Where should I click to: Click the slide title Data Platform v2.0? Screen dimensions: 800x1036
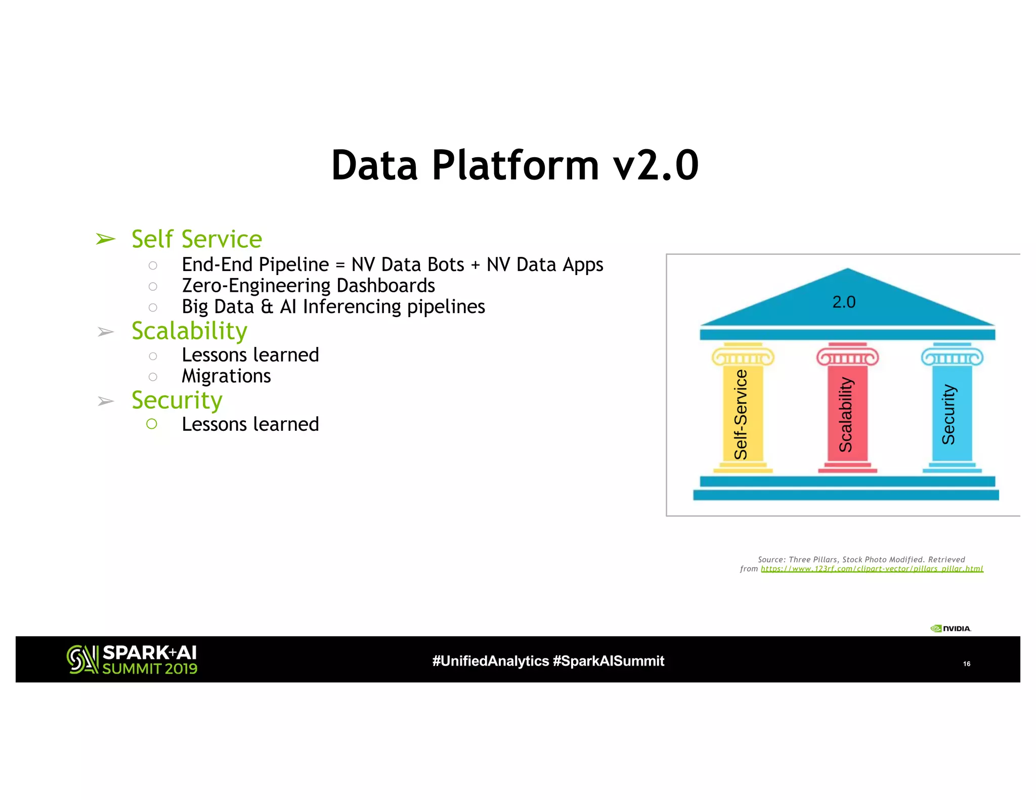click(514, 165)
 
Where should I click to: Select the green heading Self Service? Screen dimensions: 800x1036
click(196, 239)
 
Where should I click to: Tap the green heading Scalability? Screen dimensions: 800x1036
click(189, 331)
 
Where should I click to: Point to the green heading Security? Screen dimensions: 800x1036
click(177, 401)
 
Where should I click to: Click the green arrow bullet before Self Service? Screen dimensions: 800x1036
click(106, 239)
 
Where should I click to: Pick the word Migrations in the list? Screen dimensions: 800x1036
click(226, 376)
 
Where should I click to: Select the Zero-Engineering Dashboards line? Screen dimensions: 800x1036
click(308, 286)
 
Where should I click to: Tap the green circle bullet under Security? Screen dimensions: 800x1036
click(152, 424)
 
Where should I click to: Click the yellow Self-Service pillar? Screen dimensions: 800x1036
click(742, 412)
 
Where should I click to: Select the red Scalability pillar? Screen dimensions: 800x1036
click(847, 412)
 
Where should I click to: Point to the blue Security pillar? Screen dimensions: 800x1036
click(951, 412)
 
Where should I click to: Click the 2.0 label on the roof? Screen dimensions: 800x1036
click(844, 302)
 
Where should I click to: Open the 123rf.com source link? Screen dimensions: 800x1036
click(872, 569)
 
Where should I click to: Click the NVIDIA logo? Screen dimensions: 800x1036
click(951, 629)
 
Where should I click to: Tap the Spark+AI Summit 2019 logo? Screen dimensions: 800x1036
click(132, 659)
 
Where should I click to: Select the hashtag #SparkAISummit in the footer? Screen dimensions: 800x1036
click(609, 661)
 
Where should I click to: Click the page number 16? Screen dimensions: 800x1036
click(966, 664)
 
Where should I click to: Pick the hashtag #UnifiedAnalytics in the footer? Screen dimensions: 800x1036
click(490, 661)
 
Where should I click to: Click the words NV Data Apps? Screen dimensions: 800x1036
click(544, 265)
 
